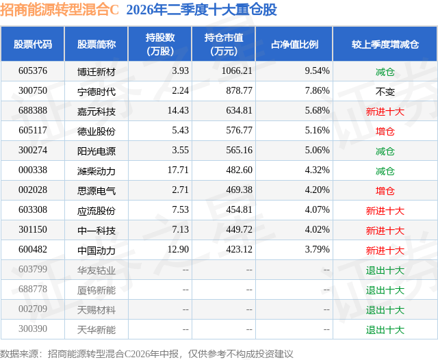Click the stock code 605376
click(33, 71)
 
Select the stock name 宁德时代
click(96, 91)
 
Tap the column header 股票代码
click(33, 44)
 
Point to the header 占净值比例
click(294, 44)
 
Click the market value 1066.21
click(237, 71)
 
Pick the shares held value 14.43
click(178, 111)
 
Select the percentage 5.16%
click(317, 131)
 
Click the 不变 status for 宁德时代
click(385, 91)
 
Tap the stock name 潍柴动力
click(96, 170)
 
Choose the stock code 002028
click(33, 190)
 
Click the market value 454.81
click(239, 209)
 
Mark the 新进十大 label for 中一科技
click(385, 231)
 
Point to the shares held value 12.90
click(178, 249)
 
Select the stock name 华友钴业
click(96, 270)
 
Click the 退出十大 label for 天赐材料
click(385, 310)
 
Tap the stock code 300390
click(33, 329)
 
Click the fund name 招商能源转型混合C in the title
click(60, 10)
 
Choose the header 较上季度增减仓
click(385, 44)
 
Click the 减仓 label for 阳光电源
click(385, 151)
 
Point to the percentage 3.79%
click(317, 249)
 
